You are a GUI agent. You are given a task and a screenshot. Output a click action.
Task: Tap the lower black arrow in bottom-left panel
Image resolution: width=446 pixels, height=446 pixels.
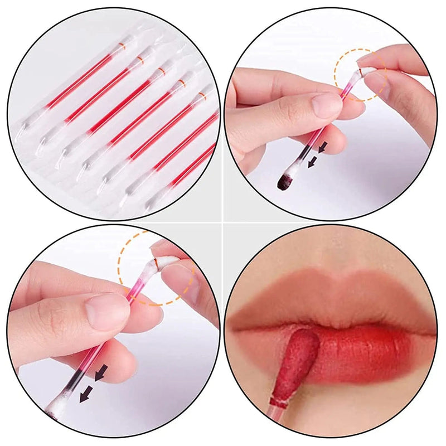(85, 394)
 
